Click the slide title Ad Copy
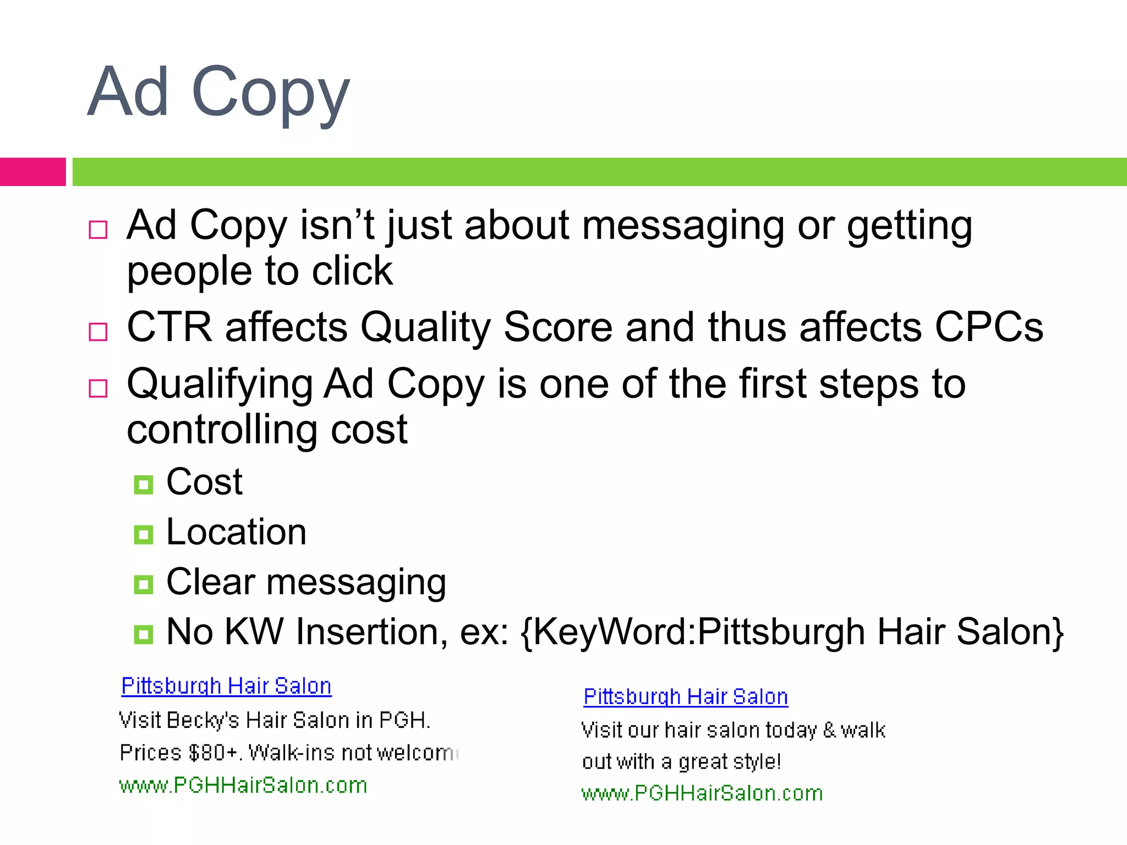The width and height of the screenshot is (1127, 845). click(x=218, y=92)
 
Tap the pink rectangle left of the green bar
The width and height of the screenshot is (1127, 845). click(x=32, y=172)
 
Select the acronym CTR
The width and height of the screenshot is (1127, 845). click(x=169, y=327)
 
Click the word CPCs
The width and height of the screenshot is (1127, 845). click(x=989, y=327)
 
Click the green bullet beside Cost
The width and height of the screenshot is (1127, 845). click(x=143, y=485)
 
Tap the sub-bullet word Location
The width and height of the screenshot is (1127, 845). click(x=236, y=532)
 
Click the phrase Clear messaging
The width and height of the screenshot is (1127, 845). click(x=306, y=582)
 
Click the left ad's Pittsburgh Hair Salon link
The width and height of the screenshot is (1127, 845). click(x=226, y=686)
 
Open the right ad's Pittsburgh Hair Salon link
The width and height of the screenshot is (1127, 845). click(x=686, y=697)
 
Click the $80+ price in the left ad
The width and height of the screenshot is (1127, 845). click(x=212, y=753)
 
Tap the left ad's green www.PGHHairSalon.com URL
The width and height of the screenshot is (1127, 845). click(x=243, y=785)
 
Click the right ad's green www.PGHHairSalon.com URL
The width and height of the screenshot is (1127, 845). click(x=702, y=793)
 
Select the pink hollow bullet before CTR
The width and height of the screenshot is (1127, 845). click(x=98, y=332)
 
